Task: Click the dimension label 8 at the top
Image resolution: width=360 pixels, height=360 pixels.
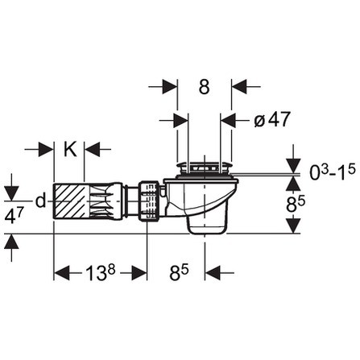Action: click(x=205, y=85)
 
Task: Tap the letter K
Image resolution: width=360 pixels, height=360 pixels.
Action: click(x=69, y=149)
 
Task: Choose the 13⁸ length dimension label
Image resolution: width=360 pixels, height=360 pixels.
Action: click(x=101, y=273)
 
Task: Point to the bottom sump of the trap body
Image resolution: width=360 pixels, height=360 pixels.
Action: click(x=205, y=227)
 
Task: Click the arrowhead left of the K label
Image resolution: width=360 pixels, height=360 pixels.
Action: click(x=47, y=149)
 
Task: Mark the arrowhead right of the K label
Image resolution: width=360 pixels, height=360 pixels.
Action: click(x=92, y=149)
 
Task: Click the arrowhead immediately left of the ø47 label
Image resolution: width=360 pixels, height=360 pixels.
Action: click(x=228, y=119)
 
